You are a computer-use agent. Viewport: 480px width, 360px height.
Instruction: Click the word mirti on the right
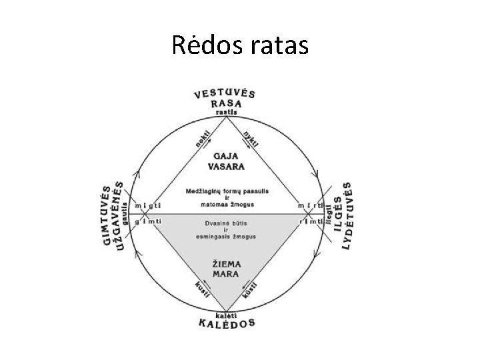[x=311, y=204]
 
